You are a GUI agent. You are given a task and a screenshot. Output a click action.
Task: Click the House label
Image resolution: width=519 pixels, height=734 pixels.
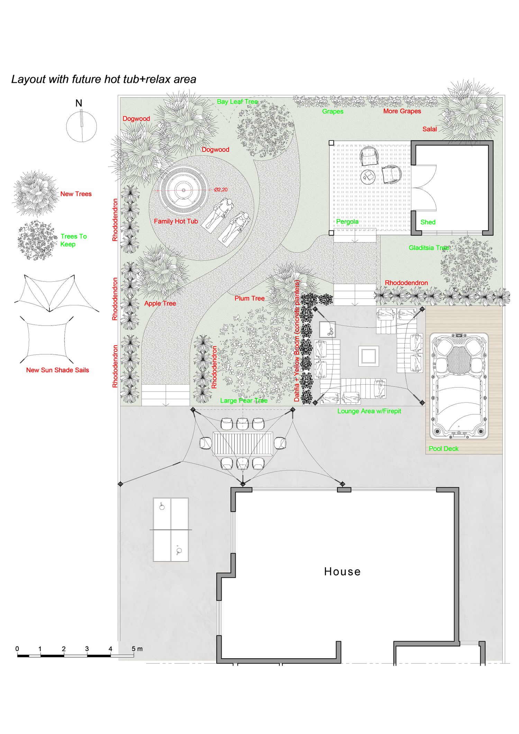342,571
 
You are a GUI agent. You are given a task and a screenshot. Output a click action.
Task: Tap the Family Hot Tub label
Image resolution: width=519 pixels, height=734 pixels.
176,221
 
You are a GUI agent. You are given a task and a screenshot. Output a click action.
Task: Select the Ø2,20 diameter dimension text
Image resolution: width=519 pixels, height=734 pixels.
221,190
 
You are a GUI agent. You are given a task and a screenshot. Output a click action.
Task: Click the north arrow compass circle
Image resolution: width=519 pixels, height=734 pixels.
82,126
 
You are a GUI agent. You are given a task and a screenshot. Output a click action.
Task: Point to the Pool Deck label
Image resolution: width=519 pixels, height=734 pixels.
443,449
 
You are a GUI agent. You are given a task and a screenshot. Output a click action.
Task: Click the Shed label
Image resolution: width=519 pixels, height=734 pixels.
428,222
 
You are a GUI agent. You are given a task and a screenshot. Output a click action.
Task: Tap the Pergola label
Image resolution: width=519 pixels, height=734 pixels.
347,222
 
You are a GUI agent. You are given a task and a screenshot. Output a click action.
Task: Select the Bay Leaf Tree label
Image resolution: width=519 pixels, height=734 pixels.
237,102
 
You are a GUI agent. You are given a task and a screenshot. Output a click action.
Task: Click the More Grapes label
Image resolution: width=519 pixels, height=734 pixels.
402,111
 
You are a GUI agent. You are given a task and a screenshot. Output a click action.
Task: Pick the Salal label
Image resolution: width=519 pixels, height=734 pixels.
429,129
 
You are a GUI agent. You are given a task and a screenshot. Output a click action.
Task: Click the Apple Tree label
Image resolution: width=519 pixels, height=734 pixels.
160,303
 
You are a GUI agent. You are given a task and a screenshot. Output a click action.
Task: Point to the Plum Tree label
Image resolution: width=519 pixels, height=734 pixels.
249,298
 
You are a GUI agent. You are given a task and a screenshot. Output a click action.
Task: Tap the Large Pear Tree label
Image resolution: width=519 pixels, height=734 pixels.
244,401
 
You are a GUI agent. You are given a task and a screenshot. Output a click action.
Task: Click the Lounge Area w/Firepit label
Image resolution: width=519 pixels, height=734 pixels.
369,411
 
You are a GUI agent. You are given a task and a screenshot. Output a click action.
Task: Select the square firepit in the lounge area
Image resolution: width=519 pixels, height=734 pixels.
368,356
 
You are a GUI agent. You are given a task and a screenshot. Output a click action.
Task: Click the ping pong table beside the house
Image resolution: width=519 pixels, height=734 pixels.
171,530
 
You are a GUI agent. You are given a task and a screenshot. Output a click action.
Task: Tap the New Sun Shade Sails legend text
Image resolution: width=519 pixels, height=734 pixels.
57,370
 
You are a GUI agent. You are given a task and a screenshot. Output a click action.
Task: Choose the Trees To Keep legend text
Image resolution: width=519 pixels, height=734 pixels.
73,240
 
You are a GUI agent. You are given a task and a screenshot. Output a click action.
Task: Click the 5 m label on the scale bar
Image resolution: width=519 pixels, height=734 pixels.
137,649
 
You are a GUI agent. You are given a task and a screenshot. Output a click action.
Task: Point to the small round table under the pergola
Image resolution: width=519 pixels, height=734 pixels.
368,177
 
